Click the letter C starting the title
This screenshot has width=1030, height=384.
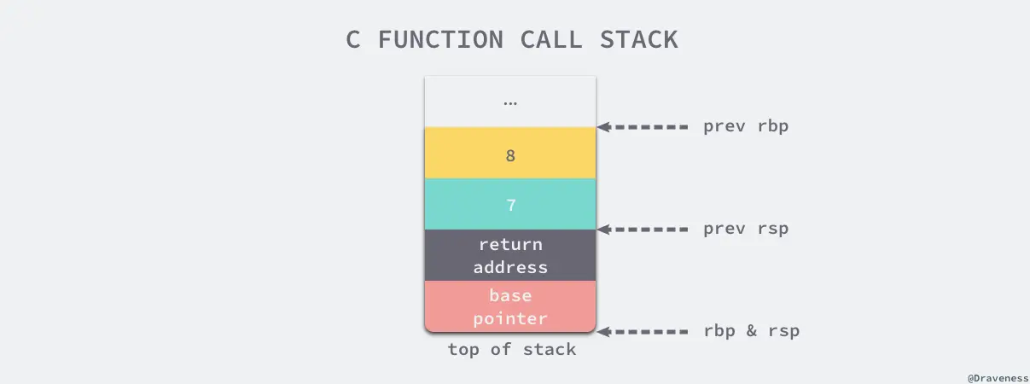pyautogui.click(x=353, y=39)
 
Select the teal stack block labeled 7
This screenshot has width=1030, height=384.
pyautogui.click(x=510, y=205)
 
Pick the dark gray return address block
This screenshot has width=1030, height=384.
pyautogui.click(x=510, y=255)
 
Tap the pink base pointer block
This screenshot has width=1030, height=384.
pyautogui.click(x=510, y=306)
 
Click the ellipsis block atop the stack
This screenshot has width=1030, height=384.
pyautogui.click(x=510, y=102)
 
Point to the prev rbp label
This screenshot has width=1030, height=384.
pyautogui.click(x=746, y=127)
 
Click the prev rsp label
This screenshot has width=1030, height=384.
pyautogui.click(x=746, y=229)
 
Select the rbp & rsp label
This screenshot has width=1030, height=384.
pyautogui.click(x=751, y=331)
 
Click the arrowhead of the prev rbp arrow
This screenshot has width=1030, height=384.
pyautogui.click(x=602, y=127)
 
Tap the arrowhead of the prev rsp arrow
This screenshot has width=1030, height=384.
pyautogui.click(x=602, y=229)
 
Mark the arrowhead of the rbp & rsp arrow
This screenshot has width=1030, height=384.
pyautogui.click(x=602, y=331)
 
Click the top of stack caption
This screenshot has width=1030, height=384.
pyautogui.click(x=511, y=350)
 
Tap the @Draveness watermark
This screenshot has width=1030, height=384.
pyautogui.click(x=997, y=376)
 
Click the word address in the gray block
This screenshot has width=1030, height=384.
pyautogui.click(x=510, y=267)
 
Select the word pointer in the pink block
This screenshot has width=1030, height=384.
pyautogui.click(x=510, y=318)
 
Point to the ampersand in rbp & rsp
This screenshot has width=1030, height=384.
pyautogui.click(x=751, y=331)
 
